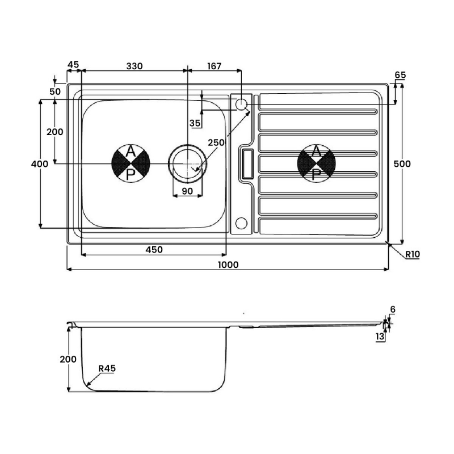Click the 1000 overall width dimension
(228, 264)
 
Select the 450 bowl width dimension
(154, 250)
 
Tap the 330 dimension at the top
(134, 66)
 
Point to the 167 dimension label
(215, 66)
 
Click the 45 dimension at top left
(73, 65)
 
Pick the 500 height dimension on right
(402, 164)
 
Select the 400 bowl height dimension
(40, 164)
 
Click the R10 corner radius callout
(413, 254)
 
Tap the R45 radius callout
(107, 368)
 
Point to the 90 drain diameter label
(188, 191)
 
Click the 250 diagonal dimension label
(216, 142)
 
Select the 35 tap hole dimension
(195, 123)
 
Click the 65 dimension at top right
(401, 75)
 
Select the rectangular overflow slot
(248, 163)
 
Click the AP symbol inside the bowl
(131, 163)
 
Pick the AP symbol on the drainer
(317, 163)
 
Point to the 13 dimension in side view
(380, 337)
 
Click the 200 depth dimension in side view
(68, 359)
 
